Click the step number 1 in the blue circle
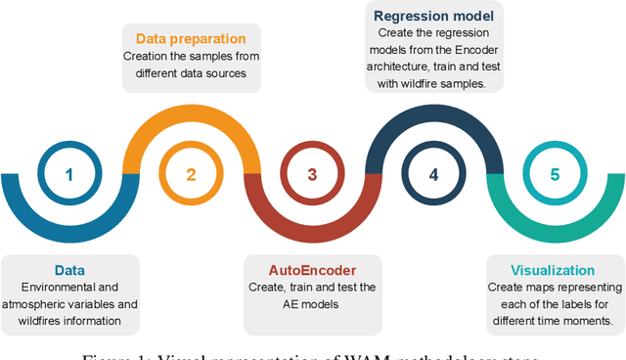pyautogui.click(x=69, y=176)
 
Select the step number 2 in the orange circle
pyautogui.click(x=191, y=176)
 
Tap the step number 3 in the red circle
pyautogui.click(x=312, y=176)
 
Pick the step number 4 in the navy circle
pyautogui.click(x=433, y=176)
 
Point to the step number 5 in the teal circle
pyautogui.click(x=555, y=176)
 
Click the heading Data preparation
pyautogui.click(x=192, y=39)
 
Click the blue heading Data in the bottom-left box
pyautogui.click(x=68, y=270)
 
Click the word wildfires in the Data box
pyautogui.click(x=48, y=319)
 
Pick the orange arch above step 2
pyautogui.click(x=191, y=115)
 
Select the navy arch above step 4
pyautogui.click(x=433, y=115)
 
